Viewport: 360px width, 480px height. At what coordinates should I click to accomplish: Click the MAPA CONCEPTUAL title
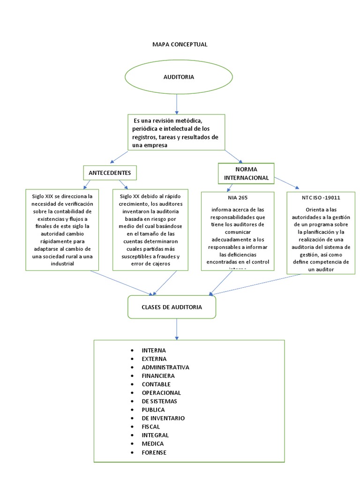click(x=180, y=44)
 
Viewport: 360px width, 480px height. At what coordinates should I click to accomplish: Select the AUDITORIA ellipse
click(x=179, y=77)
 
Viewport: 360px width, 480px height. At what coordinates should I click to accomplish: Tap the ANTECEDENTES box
click(x=110, y=173)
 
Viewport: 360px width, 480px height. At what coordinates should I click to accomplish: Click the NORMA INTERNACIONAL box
click(x=246, y=173)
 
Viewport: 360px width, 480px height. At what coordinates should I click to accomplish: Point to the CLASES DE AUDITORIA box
click(x=172, y=307)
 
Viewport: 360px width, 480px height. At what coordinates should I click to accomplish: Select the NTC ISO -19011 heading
click(x=321, y=197)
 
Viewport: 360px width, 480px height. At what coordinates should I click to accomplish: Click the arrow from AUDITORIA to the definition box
click(x=177, y=103)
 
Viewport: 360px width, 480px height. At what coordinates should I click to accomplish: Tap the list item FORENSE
click(x=154, y=452)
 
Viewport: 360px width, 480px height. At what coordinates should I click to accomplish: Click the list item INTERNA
click(x=154, y=350)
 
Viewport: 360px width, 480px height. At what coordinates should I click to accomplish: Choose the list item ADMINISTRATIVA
click(x=165, y=367)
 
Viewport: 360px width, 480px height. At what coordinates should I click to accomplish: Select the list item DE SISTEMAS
click(x=159, y=401)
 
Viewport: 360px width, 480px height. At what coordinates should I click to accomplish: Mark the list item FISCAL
click(x=150, y=427)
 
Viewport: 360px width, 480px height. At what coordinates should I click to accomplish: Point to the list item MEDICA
click(x=153, y=443)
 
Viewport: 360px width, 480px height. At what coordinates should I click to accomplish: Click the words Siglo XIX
click(x=43, y=195)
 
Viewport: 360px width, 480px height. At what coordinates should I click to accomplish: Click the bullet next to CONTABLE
click(x=132, y=384)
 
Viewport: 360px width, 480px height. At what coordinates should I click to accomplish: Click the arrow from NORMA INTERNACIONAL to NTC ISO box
click(x=288, y=182)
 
